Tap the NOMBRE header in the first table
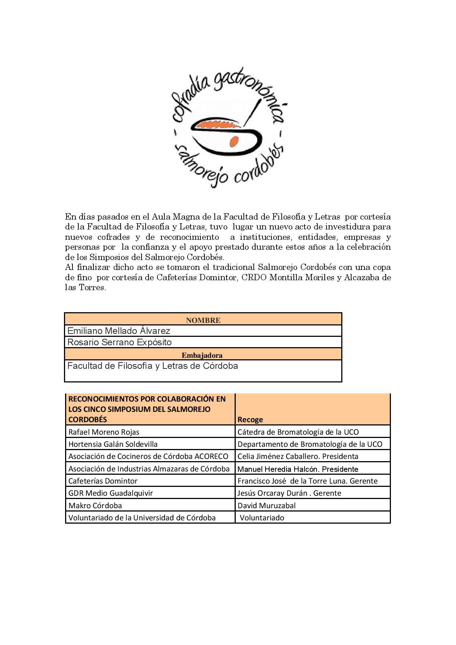[203, 320]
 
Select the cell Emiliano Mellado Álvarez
[118, 331]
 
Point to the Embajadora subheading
[202, 355]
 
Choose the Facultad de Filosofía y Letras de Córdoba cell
[153, 366]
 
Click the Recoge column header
[250, 419]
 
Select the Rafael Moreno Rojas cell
[104, 432]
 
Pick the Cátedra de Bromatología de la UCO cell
[298, 432]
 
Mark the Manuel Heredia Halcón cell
[298, 469]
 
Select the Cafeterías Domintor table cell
[103, 481]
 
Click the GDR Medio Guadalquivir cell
[110, 493]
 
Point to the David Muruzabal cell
[266, 506]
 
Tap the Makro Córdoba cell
[95, 506]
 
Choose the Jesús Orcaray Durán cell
[289, 493]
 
